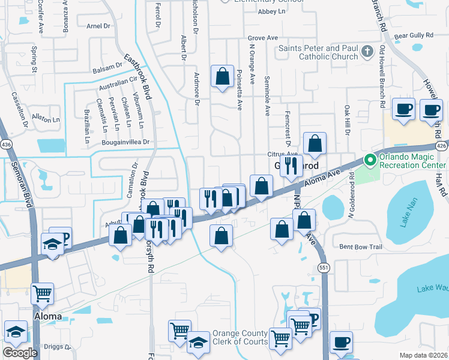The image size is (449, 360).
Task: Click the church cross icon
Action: [x=369, y=52]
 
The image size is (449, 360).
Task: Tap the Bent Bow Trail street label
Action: [x=361, y=247]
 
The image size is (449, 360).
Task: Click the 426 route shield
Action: [x=442, y=146]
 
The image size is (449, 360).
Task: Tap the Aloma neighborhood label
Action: [x=47, y=316]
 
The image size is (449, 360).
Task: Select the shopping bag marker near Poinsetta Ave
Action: [x=222, y=77]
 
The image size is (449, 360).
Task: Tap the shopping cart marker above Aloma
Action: [x=42, y=293]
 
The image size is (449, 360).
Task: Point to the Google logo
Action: [x=20, y=352]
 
